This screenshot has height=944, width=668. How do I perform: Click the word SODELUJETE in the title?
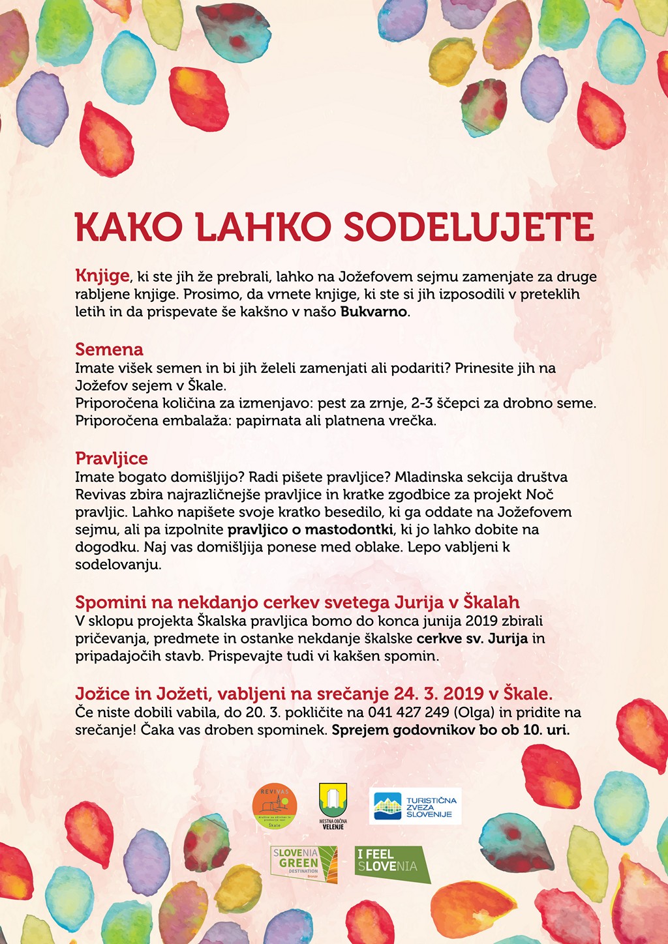pos(468,227)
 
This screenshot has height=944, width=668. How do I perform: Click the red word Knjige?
pos(102,276)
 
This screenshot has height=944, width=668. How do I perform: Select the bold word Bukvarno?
pos(374,312)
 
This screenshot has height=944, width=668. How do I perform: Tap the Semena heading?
pos(109,349)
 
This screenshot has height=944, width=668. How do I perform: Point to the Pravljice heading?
pos(112,458)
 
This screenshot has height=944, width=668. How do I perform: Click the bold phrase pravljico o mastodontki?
pos(310,529)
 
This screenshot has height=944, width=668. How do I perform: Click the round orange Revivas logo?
pos(275,806)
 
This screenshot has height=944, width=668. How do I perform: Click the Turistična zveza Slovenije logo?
pos(415,806)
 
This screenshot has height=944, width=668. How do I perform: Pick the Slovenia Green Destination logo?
pos(304,864)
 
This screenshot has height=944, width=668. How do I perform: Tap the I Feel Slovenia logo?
pos(391,863)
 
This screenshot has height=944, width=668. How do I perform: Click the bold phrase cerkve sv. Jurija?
pos(472,638)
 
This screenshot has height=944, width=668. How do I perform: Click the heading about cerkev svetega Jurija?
pos(297,602)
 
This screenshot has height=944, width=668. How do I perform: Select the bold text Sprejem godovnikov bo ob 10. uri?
pos(451,730)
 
